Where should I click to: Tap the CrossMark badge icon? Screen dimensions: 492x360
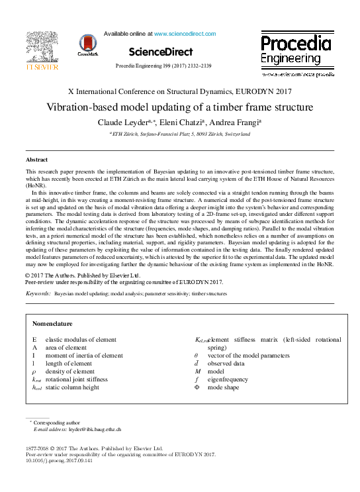pyautogui.click(x=87, y=45)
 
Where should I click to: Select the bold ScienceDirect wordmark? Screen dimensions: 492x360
pyautogui.click(x=161, y=52)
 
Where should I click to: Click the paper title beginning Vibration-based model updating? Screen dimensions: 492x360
pyautogui.click(x=179, y=107)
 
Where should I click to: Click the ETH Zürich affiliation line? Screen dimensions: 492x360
pyautogui.click(x=179, y=134)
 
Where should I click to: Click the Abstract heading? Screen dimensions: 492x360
pyautogui.click(x=36, y=160)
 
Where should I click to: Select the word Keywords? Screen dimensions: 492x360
pyautogui.click(x=38, y=292)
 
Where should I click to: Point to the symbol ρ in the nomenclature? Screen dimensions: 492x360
pyautogui.click(x=34, y=372)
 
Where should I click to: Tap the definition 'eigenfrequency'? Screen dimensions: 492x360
pyautogui.click(x=225, y=380)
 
